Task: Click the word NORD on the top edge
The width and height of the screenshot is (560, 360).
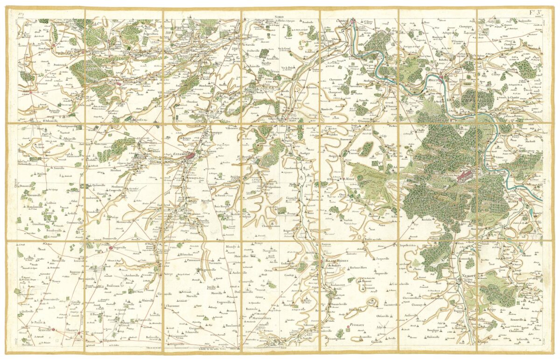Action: pyautogui.click(x=280, y=16)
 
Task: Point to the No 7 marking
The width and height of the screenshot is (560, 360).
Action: pyautogui.click(x=21, y=14)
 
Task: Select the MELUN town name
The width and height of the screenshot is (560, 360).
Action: pyautogui.click(x=432, y=79)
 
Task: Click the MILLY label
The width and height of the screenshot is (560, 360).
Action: pyautogui.click(x=350, y=179)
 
